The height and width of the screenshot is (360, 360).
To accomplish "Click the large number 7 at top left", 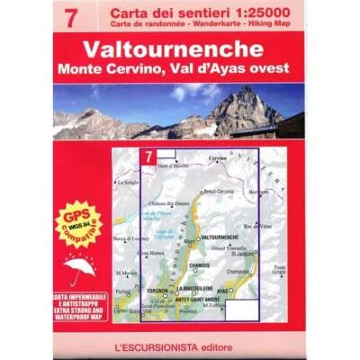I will click(71, 15).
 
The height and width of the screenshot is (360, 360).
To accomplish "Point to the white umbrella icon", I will click(80, 266).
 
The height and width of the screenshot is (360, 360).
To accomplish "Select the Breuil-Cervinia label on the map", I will click(219, 191).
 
